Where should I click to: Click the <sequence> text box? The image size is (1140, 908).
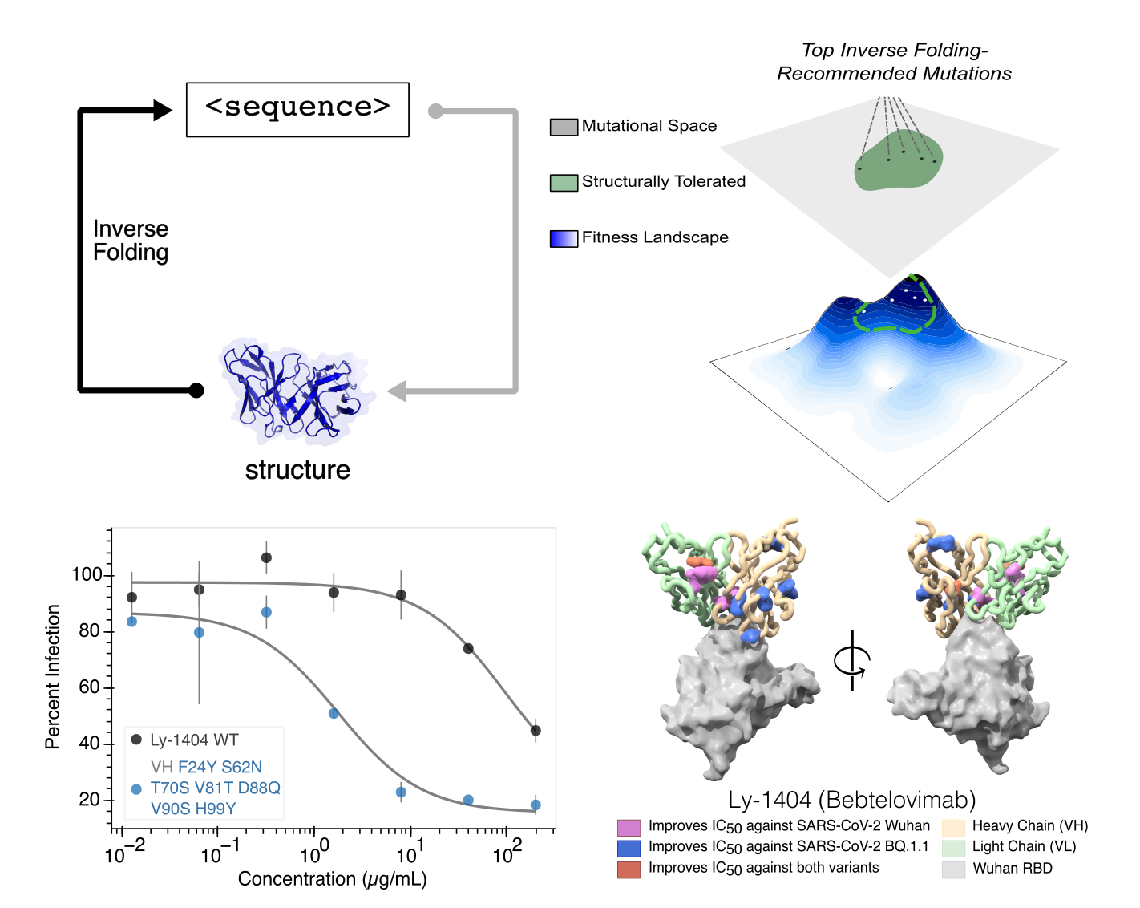297,109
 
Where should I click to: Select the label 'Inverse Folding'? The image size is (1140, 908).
131,241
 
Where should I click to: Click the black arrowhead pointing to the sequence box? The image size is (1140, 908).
162,110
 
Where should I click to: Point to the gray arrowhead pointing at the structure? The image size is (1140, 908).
397,391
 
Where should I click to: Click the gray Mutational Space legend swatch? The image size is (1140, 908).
564,127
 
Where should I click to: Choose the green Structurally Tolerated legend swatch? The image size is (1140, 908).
564,183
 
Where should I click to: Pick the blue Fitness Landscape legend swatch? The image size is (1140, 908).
564,239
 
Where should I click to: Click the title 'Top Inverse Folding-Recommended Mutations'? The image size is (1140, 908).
894,62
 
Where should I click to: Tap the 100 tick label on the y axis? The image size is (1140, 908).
87,574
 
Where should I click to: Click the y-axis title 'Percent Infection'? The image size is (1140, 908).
53,677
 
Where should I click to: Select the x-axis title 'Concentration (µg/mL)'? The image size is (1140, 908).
332,879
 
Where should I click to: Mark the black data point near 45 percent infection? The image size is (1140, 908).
536,731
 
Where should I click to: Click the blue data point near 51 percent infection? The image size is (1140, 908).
334,713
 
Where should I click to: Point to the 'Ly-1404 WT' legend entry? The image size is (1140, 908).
194,740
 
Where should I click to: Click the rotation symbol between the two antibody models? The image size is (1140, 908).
851,661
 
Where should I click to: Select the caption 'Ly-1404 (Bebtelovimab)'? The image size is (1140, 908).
852,800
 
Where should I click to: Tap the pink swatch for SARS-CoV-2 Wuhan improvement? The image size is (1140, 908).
629,827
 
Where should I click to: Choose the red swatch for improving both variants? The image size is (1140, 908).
629,869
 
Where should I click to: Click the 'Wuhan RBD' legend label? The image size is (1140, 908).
1012,869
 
